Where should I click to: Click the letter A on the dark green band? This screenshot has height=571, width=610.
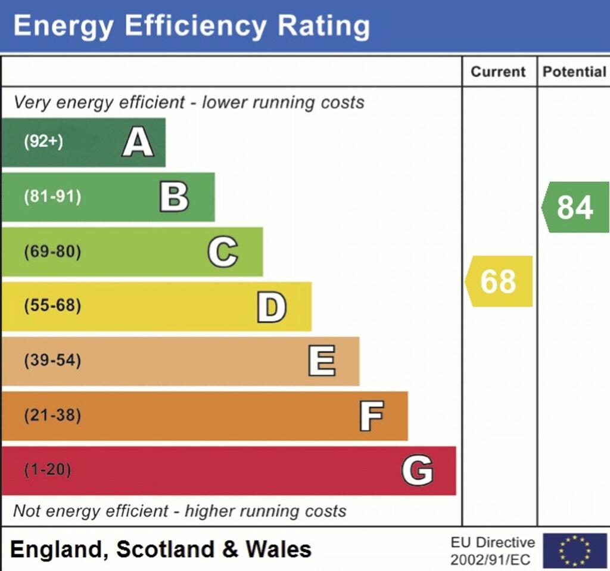(x=138, y=142)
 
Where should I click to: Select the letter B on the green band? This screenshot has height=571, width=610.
(x=174, y=197)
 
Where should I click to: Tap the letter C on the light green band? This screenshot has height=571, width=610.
(x=222, y=252)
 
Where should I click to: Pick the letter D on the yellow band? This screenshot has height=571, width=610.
(x=271, y=306)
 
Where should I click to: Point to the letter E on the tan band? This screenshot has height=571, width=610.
(x=321, y=361)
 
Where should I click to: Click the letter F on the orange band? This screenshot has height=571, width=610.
(x=371, y=416)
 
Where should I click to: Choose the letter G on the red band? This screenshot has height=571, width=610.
(x=417, y=470)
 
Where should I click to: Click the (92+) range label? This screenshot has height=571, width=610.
(x=43, y=142)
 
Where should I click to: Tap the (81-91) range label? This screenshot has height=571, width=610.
(x=52, y=197)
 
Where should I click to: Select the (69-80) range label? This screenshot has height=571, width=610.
(x=52, y=252)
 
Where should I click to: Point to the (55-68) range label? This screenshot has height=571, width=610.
(x=52, y=306)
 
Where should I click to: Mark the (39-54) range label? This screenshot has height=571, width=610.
(x=52, y=361)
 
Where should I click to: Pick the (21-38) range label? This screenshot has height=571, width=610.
(x=52, y=416)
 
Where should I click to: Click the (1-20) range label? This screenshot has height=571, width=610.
(x=47, y=470)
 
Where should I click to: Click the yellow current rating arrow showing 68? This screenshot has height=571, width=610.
(x=499, y=281)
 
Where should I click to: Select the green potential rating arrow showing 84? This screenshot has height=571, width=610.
(x=575, y=207)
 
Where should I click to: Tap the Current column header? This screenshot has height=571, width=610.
(x=498, y=72)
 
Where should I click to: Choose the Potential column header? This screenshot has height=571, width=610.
(x=574, y=72)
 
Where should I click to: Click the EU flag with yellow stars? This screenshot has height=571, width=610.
(x=574, y=550)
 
